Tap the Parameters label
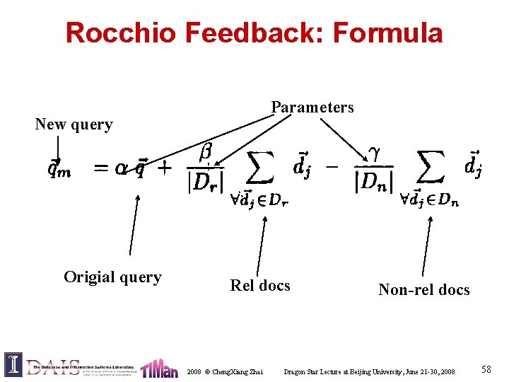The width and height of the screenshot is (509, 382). pyautogui.click(x=312, y=108)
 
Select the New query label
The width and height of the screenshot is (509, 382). pyautogui.click(x=74, y=125)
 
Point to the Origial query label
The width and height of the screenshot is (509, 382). pyautogui.click(x=112, y=277)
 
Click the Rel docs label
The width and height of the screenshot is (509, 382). pyautogui.click(x=260, y=285)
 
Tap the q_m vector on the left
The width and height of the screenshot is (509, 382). pyautogui.click(x=59, y=170)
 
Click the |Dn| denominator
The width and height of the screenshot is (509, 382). pyautogui.click(x=374, y=183)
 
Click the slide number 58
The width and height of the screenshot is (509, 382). pyautogui.click(x=486, y=369)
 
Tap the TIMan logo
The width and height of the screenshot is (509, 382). pyautogui.click(x=159, y=368)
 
